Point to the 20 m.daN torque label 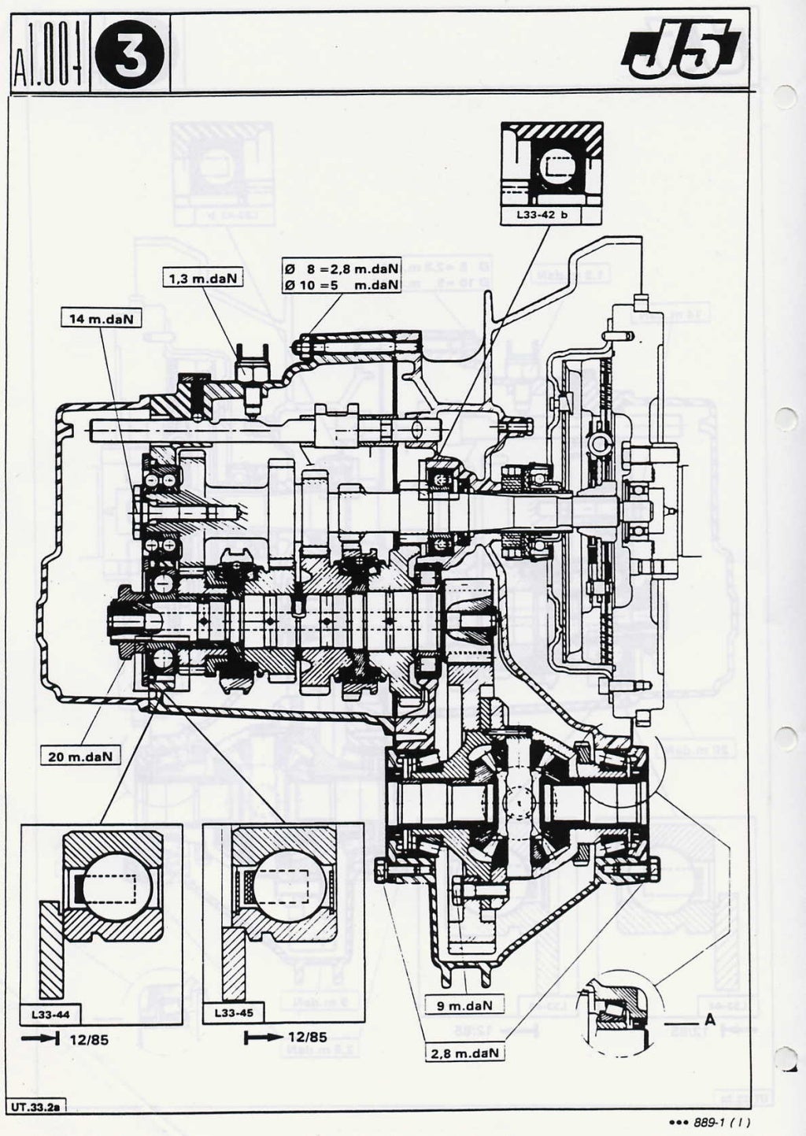pos(79,756)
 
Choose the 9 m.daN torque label pos(464,1005)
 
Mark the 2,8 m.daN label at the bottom pos(467,1052)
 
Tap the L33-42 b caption pos(552,213)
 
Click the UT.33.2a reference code pos(35,1106)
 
